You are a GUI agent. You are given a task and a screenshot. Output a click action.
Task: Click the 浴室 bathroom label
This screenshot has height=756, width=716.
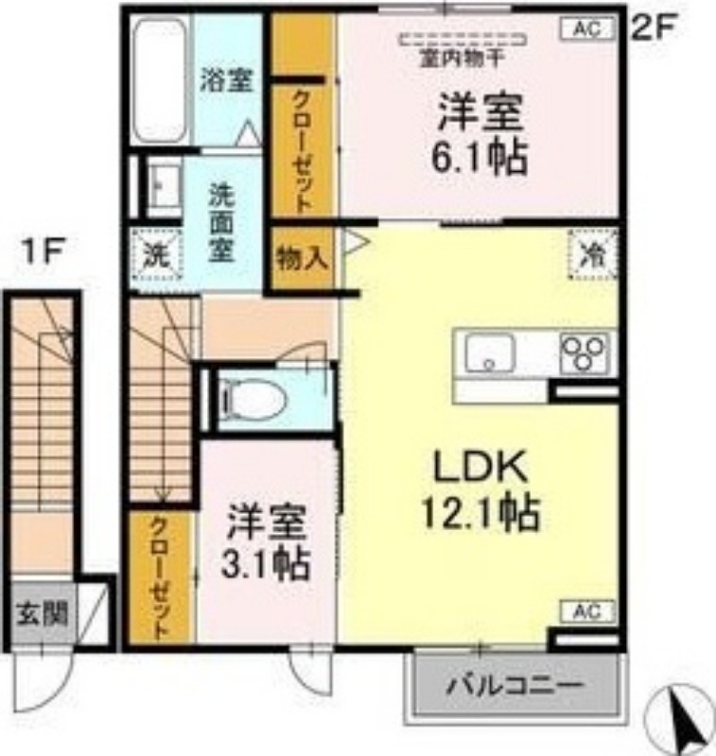click(x=226, y=81)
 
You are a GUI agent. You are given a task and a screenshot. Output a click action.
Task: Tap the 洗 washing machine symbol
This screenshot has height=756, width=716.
click(x=154, y=253)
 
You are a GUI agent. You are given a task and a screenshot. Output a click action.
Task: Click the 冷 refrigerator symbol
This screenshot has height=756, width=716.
click(x=593, y=253)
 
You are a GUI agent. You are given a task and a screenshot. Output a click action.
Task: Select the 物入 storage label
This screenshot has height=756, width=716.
click(x=302, y=257)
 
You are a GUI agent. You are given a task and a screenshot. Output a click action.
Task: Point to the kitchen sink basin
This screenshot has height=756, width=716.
click(x=489, y=353)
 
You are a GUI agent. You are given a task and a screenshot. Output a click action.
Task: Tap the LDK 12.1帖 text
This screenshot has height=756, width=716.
click(x=473, y=490)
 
